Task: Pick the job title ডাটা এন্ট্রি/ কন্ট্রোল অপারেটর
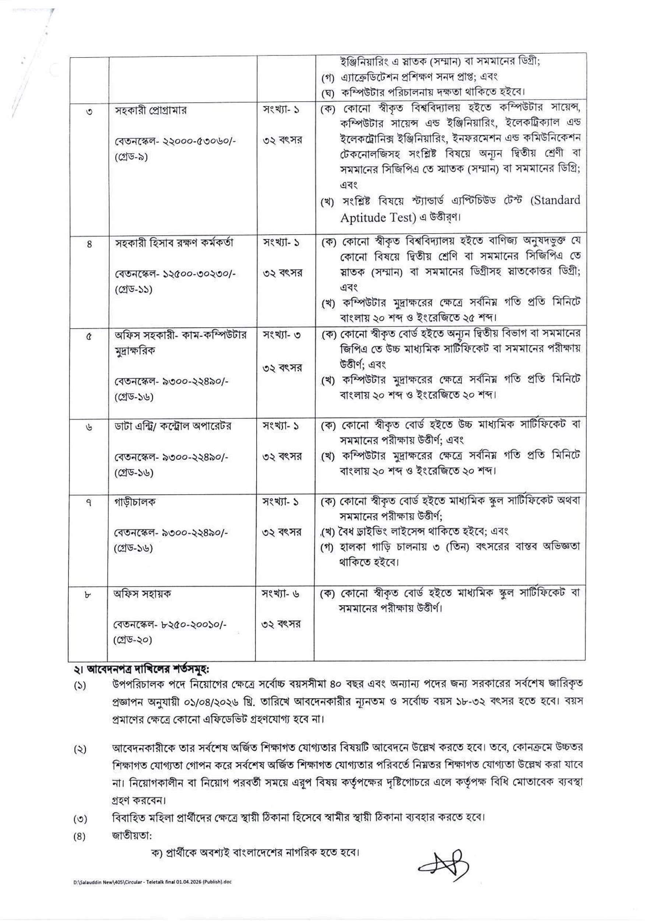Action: [173, 426]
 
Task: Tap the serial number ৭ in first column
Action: [89, 502]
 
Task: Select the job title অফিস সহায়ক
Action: [143, 593]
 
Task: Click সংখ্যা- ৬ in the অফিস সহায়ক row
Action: [281, 593]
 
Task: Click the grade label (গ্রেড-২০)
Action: [133, 640]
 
